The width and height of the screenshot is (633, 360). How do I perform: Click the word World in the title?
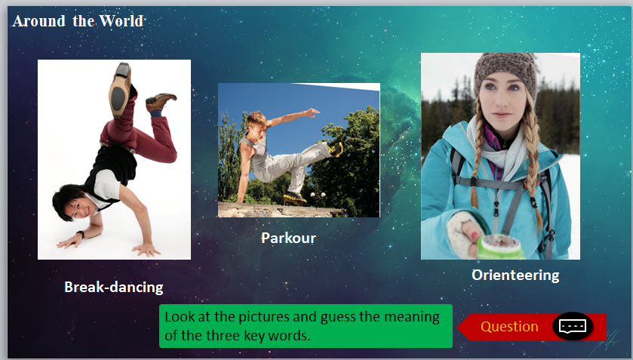point(121,21)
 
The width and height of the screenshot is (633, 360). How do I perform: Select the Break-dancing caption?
point(114,288)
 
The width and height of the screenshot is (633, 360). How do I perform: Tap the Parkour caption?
point(288,238)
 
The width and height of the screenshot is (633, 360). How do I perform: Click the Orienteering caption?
point(515,275)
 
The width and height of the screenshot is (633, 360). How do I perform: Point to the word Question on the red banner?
point(509,327)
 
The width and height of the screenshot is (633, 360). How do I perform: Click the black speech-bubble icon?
point(573,326)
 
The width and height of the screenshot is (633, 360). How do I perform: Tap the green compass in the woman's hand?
point(500,246)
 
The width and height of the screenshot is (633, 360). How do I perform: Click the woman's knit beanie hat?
point(506,72)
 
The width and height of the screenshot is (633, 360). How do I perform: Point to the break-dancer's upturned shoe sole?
point(119,91)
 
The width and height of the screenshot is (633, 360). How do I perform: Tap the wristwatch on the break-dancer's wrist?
point(81,235)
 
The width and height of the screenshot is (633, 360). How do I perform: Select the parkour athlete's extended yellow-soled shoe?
point(336,149)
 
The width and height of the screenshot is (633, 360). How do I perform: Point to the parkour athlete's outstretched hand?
point(312,112)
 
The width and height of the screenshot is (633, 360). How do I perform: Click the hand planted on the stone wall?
point(241,200)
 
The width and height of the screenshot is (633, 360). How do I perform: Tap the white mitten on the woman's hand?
point(463,235)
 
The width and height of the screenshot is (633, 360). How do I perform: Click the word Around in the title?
point(38,21)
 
